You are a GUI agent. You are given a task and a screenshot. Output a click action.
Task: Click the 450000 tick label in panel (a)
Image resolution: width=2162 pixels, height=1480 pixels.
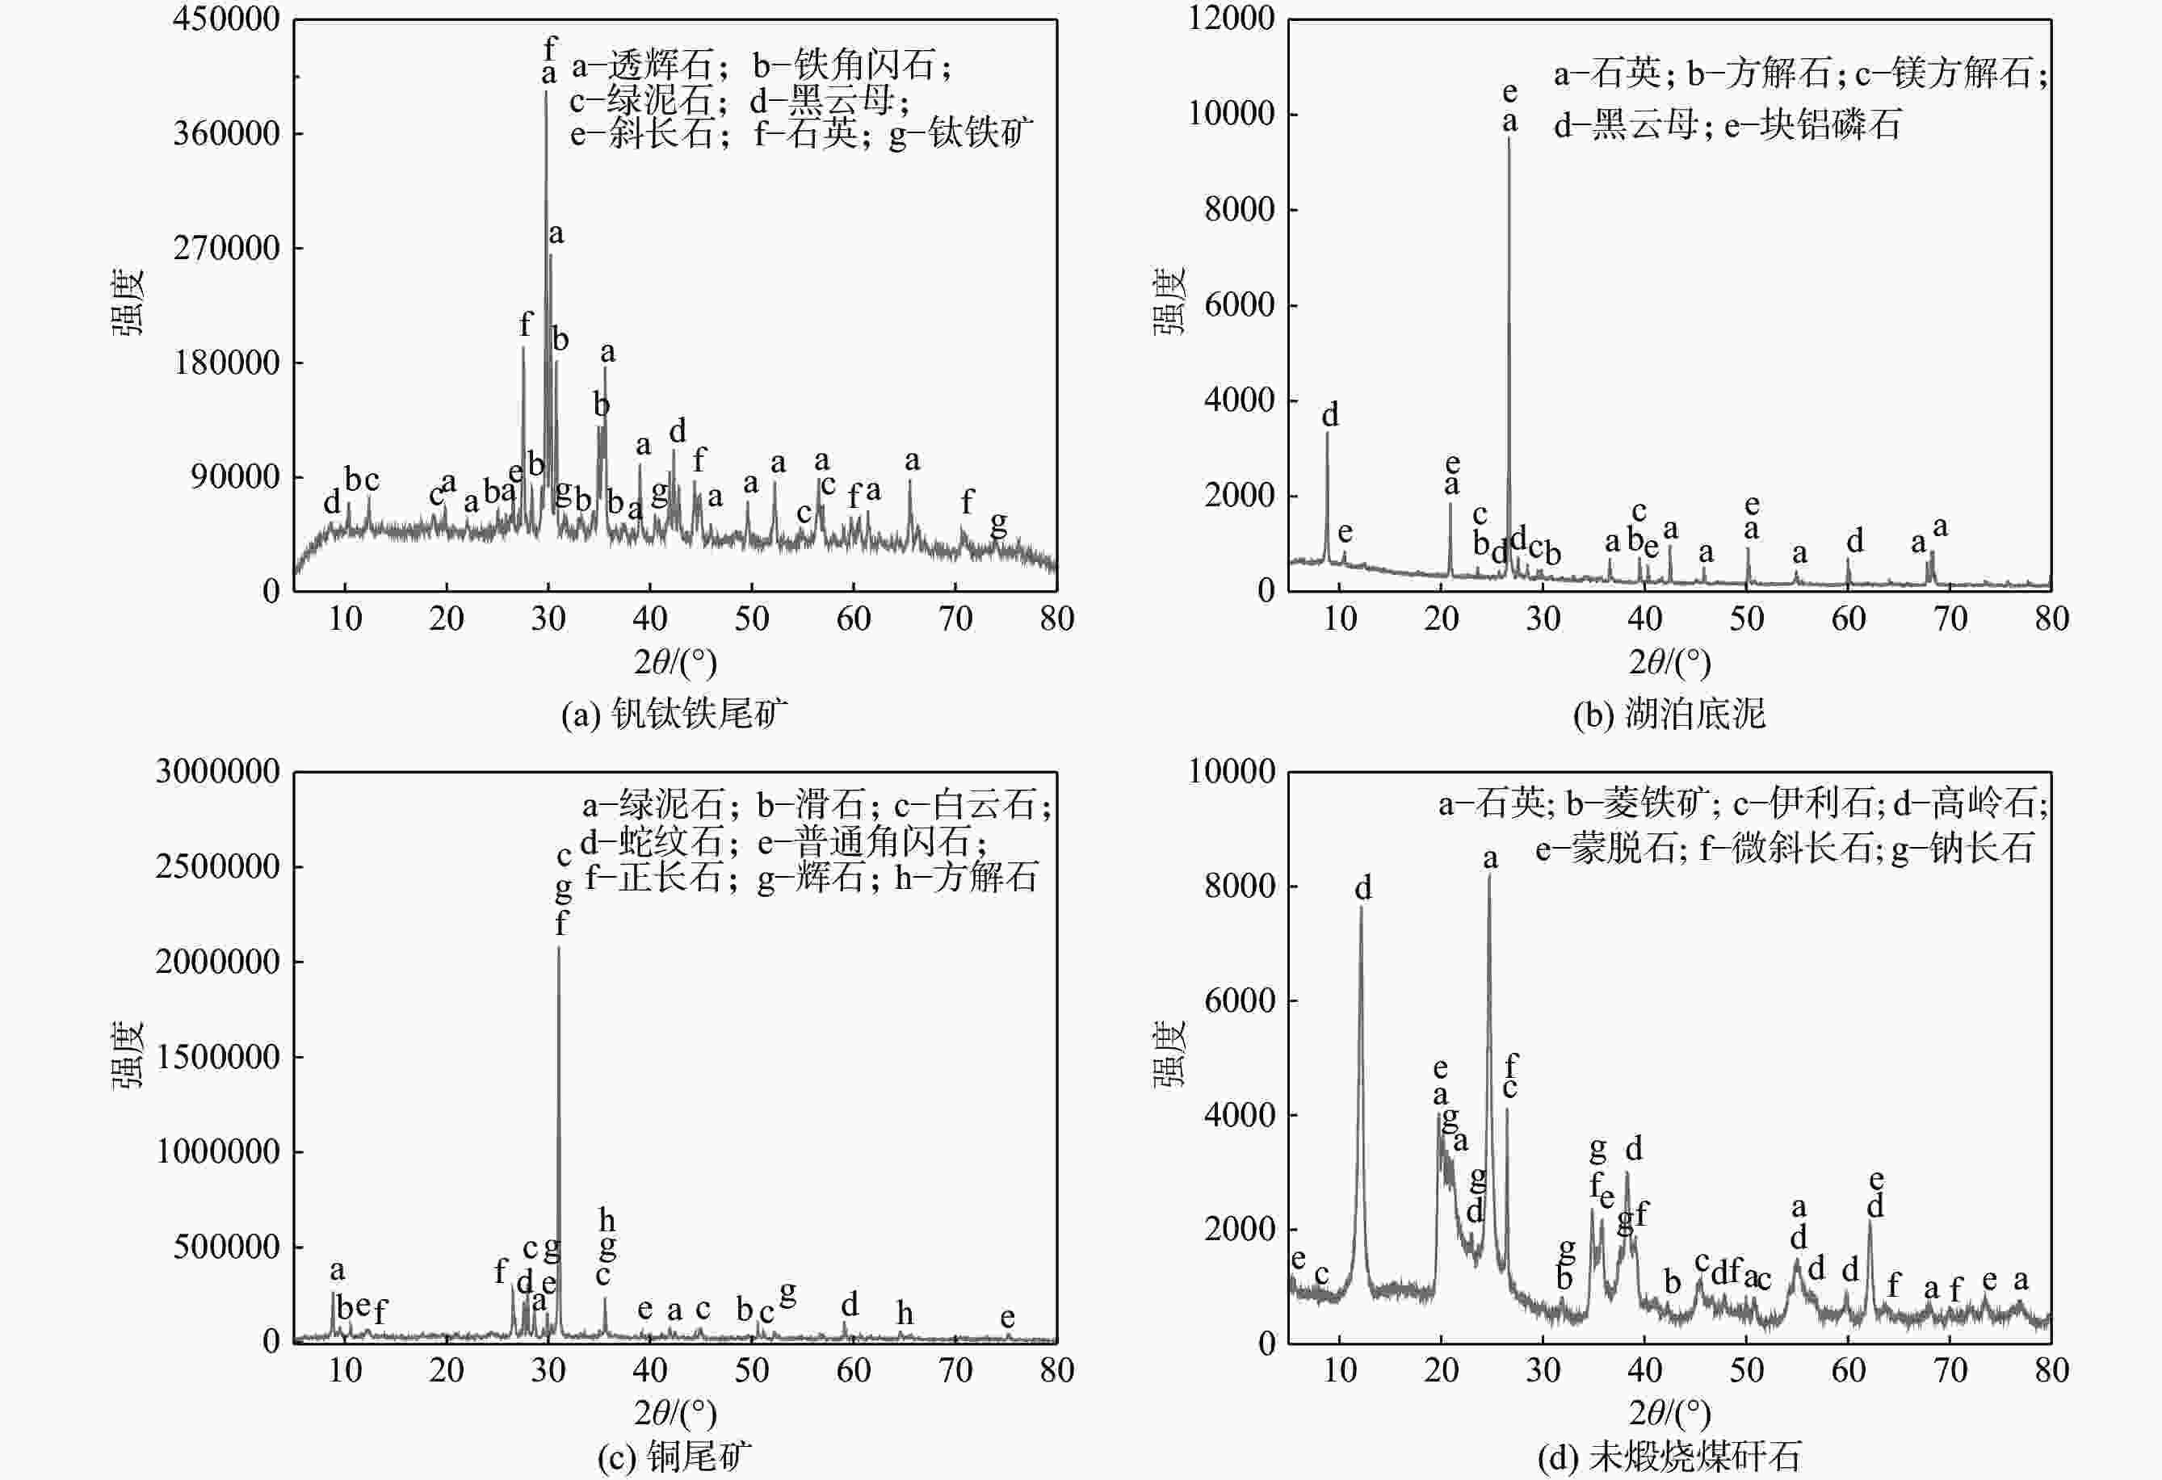226,19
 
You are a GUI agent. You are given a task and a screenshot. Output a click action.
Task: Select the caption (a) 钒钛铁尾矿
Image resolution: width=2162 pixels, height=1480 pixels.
674,714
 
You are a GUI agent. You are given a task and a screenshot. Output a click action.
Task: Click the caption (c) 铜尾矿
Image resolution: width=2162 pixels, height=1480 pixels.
674,1457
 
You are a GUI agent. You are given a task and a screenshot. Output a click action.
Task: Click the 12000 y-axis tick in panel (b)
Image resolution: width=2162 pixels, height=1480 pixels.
1231,19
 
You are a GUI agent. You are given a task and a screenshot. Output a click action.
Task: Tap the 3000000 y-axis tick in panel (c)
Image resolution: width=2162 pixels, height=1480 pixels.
218,771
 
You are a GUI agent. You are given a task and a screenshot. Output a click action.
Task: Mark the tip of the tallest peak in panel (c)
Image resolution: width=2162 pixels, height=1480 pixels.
558,948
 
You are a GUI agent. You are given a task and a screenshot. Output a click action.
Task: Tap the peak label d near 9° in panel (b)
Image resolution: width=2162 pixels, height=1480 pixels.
1330,415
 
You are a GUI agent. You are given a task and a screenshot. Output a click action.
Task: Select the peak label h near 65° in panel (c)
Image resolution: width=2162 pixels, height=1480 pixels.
905,1314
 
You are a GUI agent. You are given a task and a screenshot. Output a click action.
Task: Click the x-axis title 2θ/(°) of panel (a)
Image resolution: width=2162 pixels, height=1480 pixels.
675,662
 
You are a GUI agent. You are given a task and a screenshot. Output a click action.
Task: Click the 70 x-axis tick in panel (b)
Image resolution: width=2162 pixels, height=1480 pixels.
1950,618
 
